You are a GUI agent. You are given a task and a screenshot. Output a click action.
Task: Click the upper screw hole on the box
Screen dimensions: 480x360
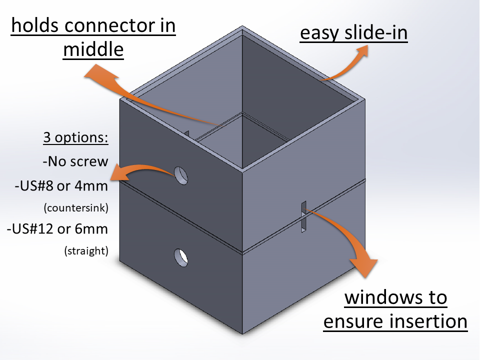click(x=181, y=175)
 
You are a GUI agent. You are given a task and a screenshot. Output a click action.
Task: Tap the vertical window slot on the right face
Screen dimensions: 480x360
click(x=303, y=216)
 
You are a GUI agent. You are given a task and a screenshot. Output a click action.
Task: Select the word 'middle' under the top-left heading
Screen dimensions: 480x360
click(x=93, y=49)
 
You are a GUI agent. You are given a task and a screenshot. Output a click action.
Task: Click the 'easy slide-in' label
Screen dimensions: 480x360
click(x=353, y=32)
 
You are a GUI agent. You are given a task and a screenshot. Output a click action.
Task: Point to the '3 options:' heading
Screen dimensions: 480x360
click(x=75, y=137)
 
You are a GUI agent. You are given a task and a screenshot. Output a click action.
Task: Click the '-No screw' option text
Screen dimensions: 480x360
click(x=75, y=161)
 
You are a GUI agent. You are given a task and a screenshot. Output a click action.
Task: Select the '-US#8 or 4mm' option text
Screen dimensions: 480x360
click(x=61, y=186)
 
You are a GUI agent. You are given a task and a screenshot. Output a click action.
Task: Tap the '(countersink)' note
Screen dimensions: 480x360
click(x=76, y=208)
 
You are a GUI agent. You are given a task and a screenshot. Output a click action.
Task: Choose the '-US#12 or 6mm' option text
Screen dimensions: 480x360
click(x=57, y=228)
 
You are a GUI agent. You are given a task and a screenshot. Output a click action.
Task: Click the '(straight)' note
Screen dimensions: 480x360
click(x=86, y=250)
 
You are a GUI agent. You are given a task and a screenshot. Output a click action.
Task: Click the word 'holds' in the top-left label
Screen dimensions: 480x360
click(x=35, y=25)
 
